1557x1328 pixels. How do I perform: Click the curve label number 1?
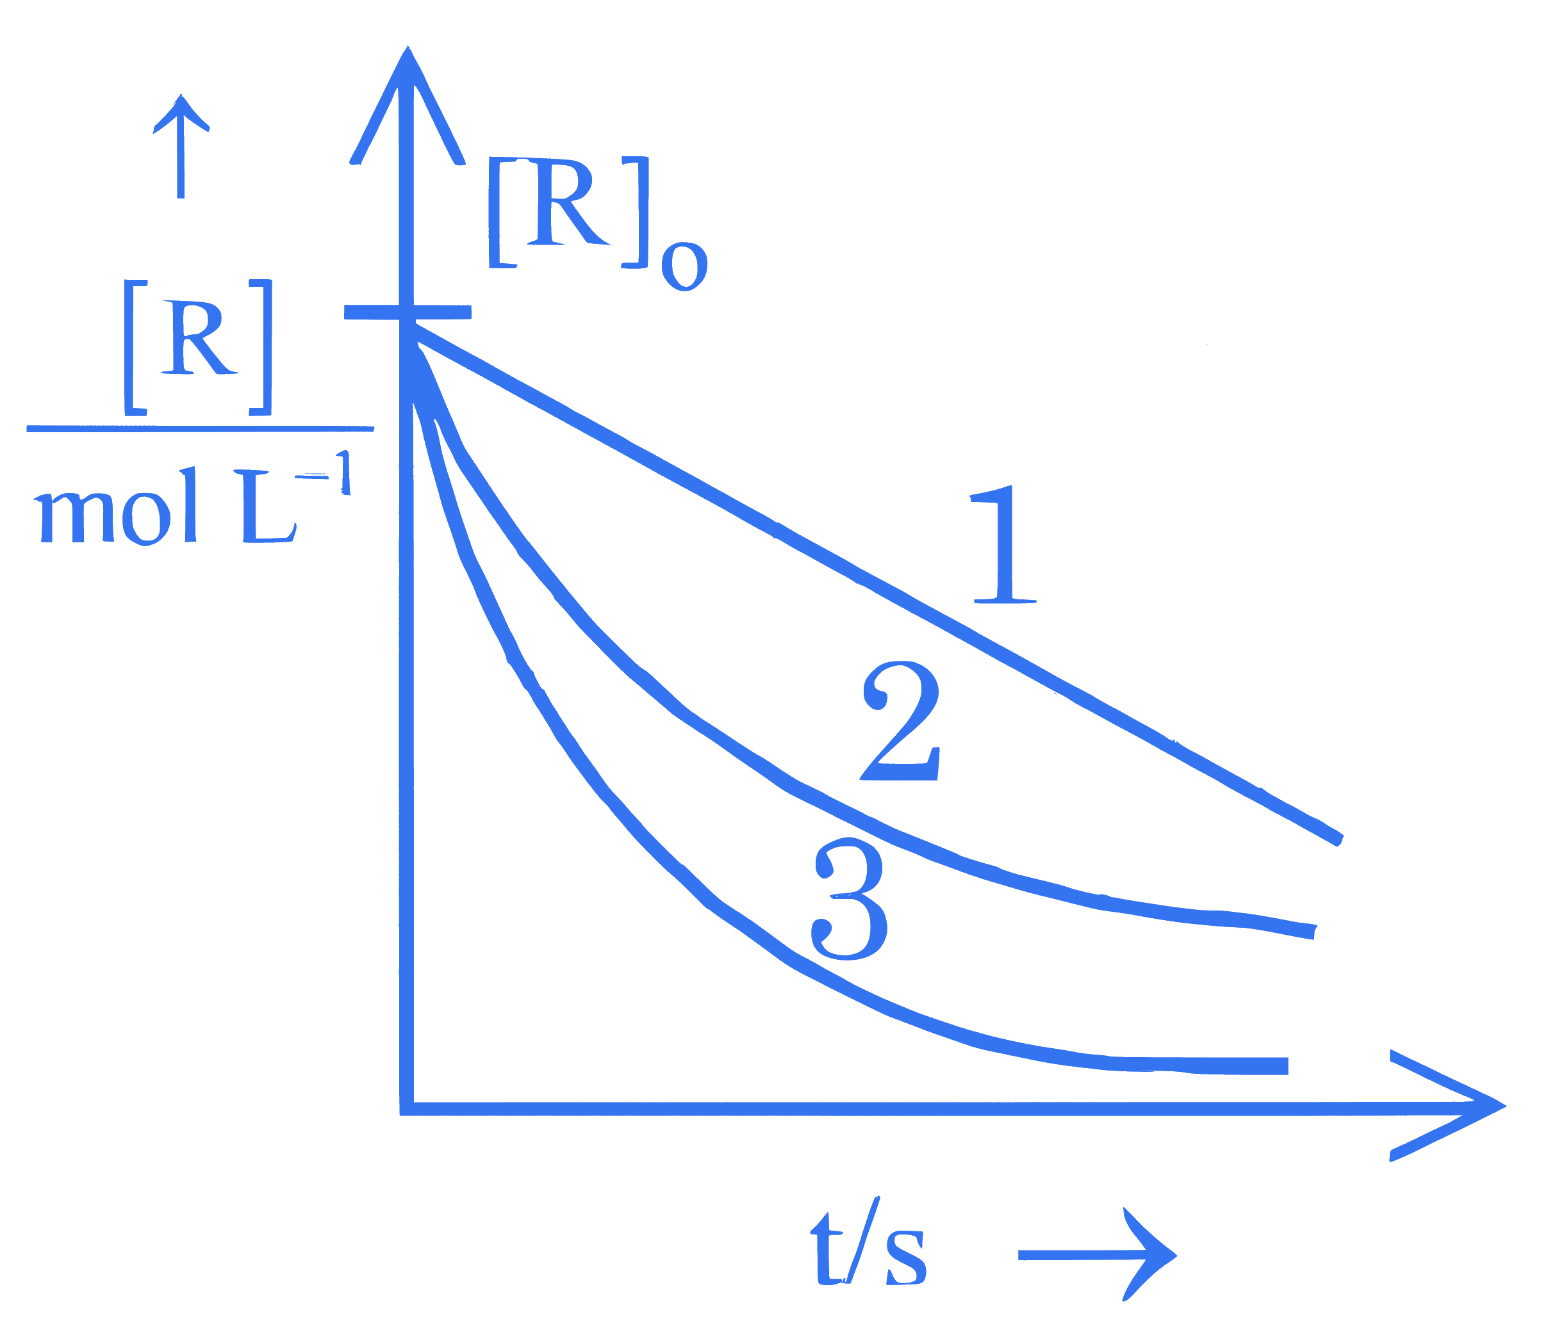click(1005, 544)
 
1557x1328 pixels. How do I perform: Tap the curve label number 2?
click(900, 722)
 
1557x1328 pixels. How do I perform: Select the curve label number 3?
click(849, 899)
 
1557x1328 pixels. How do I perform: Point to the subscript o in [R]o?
click(684, 266)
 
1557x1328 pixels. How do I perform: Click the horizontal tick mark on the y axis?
click(408, 312)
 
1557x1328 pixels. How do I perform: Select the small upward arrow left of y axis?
click(180, 147)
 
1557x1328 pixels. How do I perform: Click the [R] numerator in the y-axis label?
click(197, 347)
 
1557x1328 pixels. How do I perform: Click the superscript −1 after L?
click(323, 473)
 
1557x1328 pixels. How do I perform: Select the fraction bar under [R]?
click(200, 429)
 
